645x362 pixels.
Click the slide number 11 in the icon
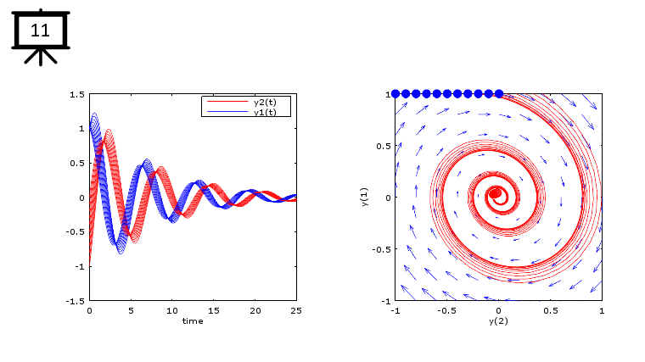click(40, 31)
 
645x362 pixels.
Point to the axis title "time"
click(193, 320)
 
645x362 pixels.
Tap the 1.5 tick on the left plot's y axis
click(76, 94)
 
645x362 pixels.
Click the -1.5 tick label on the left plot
click(75, 301)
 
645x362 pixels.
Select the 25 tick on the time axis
click(296, 311)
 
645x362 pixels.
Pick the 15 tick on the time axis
click(213, 311)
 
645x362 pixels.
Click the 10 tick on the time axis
click(171, 311)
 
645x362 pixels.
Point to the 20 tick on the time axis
click(255, 311)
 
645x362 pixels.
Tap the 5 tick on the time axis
click(131, 311)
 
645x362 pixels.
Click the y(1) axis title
click(364, 198)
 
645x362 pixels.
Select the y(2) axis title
click(498, 320)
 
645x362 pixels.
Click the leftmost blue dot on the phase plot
click(395, 93)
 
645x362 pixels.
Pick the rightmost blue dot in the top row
click(499, 93)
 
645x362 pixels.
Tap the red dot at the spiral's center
click(495, 193)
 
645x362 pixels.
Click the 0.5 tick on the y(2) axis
click(549, 311)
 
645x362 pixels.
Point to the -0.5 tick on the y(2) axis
click(446, 311)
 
